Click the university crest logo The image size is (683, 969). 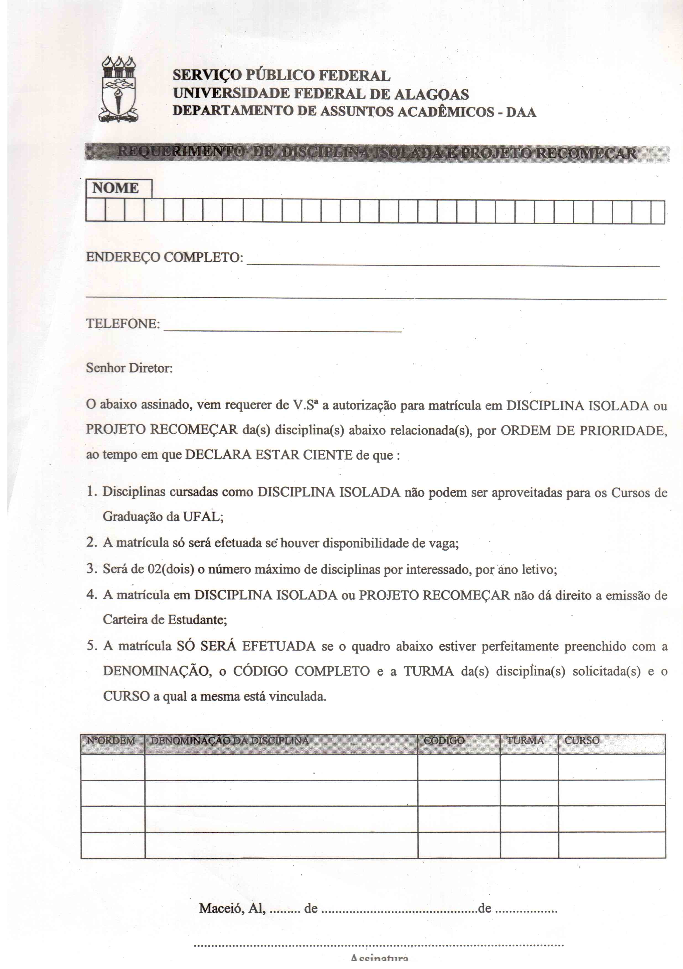click(x=119, y=90)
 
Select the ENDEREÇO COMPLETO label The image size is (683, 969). click(x=164, y=257)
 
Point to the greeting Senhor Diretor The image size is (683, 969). click(x=129, y=368)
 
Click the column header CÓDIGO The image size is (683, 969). click(x=444, y=741)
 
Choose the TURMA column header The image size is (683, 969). click(x=525, y=741)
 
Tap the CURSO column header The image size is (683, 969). click(x=582, y=741)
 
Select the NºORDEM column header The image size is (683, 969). click(x=111, y=741)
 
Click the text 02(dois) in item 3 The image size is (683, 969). click(x=171, y=569)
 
